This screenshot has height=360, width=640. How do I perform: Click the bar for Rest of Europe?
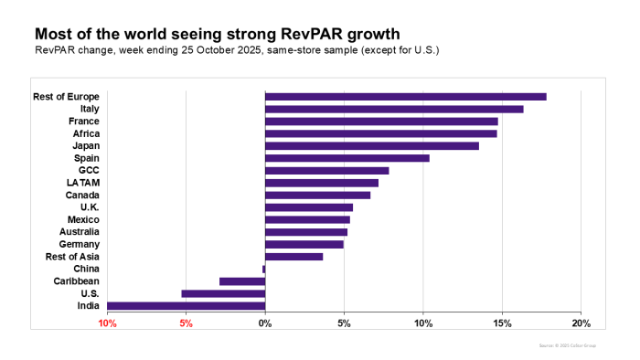pyautogui.click(x=405, y=96)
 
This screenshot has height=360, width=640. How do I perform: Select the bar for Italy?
pyautogui.click(x=394, y=109)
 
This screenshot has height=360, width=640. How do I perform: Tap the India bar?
pyautogui.click(x=187, y=306)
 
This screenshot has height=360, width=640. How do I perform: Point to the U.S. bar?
pyautogui.click(x=223, y=293)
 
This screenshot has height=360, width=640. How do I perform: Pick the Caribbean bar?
pyautogui.click(x=242, y=281)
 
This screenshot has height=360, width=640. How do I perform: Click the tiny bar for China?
pyautogui.click(x=263, y=269)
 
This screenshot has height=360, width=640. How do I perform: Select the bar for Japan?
pyautogui.click(x=371, y=145)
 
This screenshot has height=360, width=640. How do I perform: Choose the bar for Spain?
pyautogui.click(x=347, y=158)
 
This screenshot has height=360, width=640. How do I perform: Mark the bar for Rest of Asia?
pyautogui.click(x=293, y=257)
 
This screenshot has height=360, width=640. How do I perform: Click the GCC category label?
pyautogui.click(x=89, y=170)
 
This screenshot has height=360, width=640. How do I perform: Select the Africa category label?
pyautogui.click(x=85, y=133)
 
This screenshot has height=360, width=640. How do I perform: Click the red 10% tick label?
pyautogui.click(x=107, y=323)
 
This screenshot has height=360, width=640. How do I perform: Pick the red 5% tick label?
pyautogui.click(x=187, y=323)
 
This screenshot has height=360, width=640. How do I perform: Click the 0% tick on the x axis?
pyautogui.click(x=265, y=323)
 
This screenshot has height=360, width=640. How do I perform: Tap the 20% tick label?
pyautogui.click(x=581, y=323)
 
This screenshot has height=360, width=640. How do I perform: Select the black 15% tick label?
pyautogui.click(x=502, y=323)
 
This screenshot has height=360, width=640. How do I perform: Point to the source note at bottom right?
pyautogui.click(x=568, y=346)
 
